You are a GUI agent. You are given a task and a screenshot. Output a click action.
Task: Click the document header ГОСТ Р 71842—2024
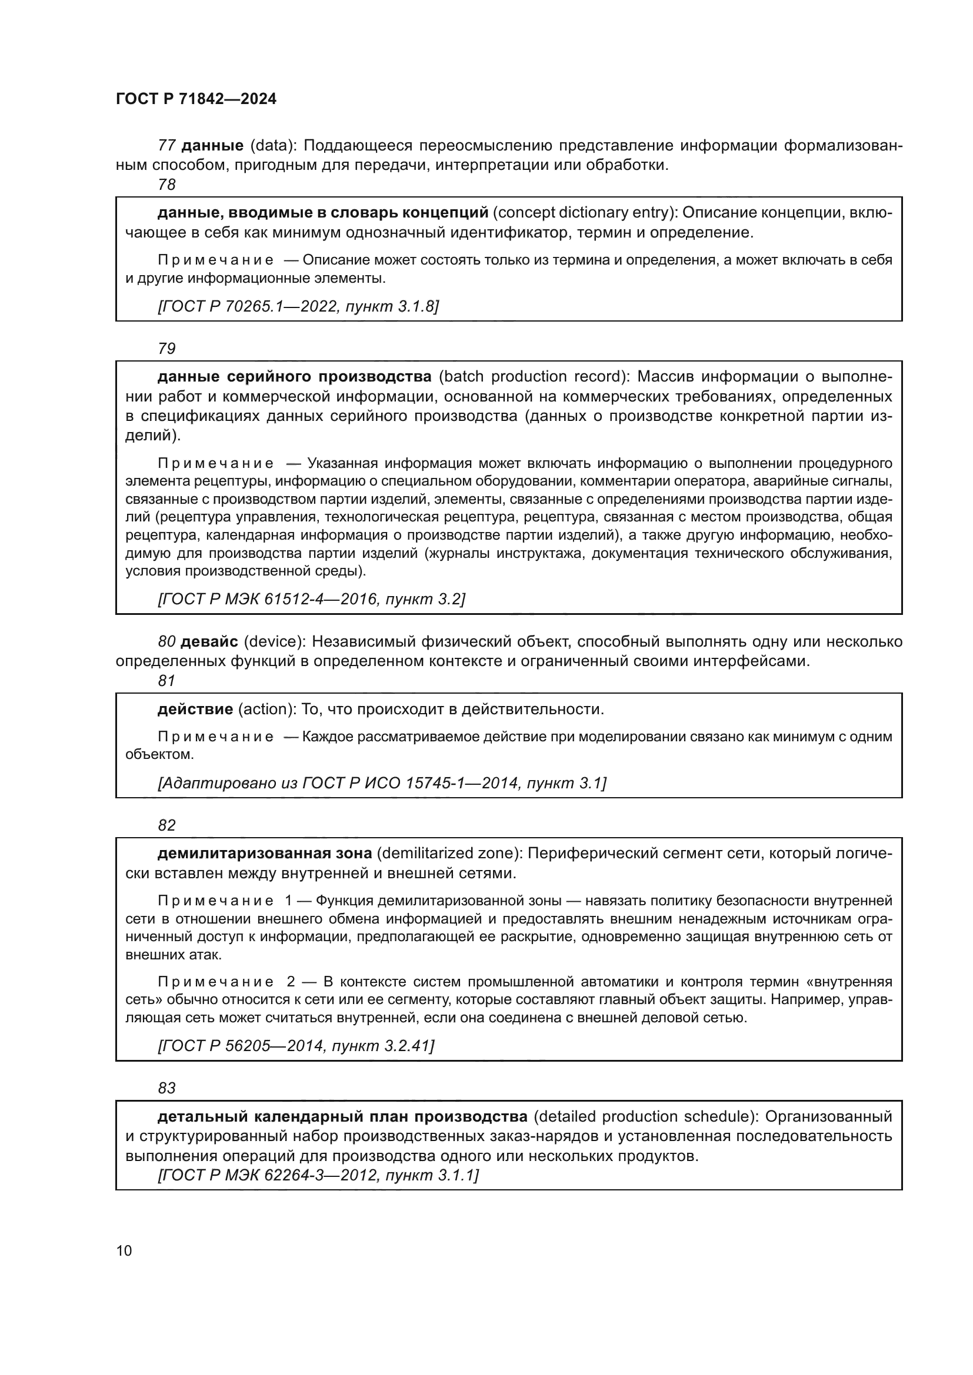point(196,99)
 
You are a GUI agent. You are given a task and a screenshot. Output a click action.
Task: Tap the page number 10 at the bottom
point(124,1250)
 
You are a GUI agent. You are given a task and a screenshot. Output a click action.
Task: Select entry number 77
point(166,146)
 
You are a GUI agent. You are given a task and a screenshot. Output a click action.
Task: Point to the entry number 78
point(166,185)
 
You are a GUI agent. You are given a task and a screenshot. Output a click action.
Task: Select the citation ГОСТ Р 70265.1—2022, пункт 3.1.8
point(298,307)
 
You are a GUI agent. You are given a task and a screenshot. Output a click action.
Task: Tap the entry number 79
point(166,349)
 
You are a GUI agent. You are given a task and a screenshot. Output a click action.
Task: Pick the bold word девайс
point(209,642)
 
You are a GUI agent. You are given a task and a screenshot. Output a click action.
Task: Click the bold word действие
point(195,710)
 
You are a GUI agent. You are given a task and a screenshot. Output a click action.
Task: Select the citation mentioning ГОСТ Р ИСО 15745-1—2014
point(382,783)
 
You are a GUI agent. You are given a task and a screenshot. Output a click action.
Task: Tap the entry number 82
point(166,825)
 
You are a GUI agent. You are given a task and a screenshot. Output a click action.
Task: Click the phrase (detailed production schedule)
point(647,1116)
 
